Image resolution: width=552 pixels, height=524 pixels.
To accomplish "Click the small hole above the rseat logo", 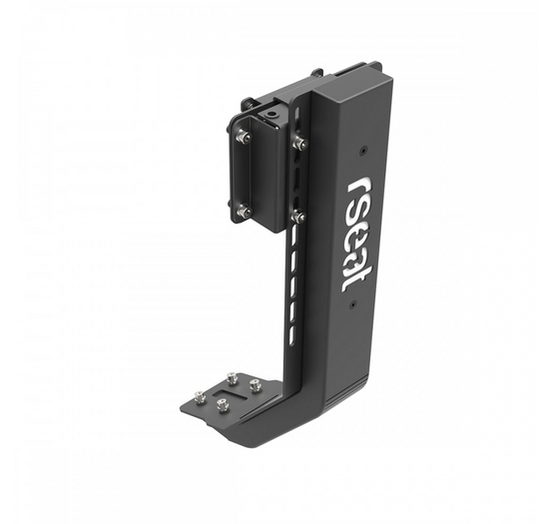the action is [362, 150].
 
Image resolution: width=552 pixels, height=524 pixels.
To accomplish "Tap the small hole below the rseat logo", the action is [352, 303].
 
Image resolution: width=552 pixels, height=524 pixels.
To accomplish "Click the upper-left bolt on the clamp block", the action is [242, 135].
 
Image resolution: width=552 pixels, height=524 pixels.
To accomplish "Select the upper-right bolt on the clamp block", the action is [299, 141].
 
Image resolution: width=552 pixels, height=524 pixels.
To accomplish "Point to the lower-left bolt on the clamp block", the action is [245, 211].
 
